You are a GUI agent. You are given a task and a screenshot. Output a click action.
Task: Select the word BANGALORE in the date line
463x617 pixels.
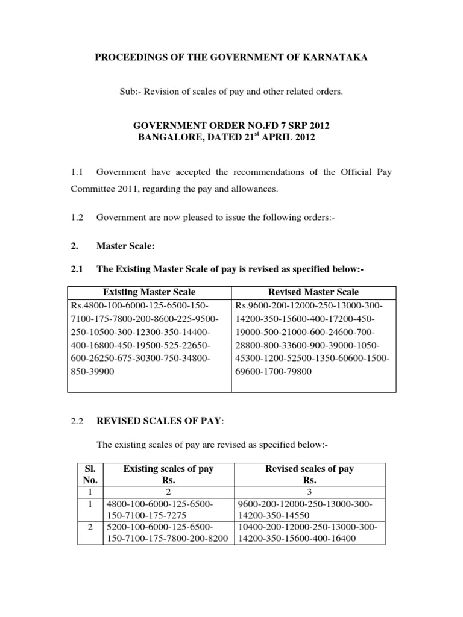[170, 138]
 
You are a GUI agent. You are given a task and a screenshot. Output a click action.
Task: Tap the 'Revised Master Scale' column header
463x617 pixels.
[314, 292]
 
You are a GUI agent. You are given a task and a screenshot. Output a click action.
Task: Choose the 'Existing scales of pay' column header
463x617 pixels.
[168, 469]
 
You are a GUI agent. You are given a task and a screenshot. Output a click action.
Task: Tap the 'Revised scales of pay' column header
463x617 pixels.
[310, 469]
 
